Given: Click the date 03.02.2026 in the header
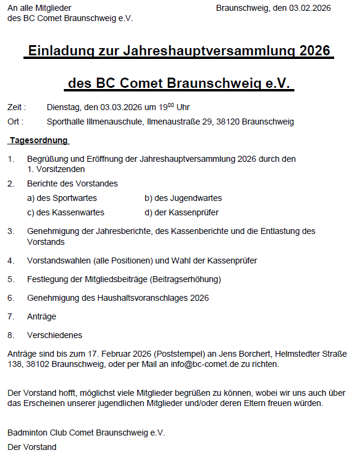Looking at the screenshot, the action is pos(310,8).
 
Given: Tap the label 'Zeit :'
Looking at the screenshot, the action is pos(16,107).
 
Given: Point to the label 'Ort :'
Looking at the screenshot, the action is pos(15,122).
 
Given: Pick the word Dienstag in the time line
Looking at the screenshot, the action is pos(63,107).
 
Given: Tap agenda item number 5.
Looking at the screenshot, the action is pos(10,279).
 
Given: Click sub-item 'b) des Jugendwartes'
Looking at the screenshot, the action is pos(183,198).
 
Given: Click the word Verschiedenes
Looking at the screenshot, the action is pos(55,335).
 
